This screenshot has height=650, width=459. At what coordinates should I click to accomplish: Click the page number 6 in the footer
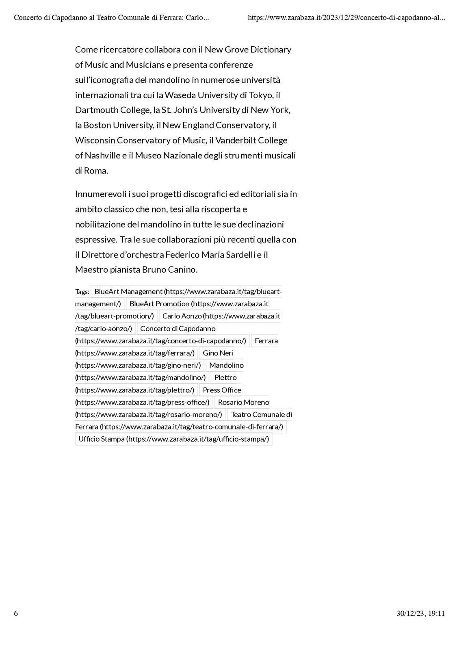click(x=16, y=613)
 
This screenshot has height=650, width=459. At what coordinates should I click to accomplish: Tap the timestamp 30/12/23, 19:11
click(x=420, y=613)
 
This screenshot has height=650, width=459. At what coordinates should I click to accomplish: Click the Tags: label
click(x=82, y=292)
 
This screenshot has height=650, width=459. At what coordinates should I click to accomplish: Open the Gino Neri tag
click(x=218, y=353)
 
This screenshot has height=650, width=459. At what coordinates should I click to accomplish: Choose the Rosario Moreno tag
click(x=243, y=402)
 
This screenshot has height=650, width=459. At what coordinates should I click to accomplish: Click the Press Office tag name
click(x=222, y=390)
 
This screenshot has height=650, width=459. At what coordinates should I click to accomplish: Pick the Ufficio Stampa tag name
click(x=102, y=439)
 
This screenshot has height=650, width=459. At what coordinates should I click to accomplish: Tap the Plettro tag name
click(x=225, y=377)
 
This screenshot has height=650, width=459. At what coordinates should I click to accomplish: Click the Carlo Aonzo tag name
click(x=182, y=316)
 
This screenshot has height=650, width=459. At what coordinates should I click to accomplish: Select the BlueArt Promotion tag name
click(x=160, y=304)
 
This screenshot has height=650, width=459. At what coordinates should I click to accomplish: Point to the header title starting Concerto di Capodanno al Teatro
click(x=111, y=18)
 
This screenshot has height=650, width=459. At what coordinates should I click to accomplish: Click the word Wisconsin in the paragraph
click(x=95, y=141)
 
